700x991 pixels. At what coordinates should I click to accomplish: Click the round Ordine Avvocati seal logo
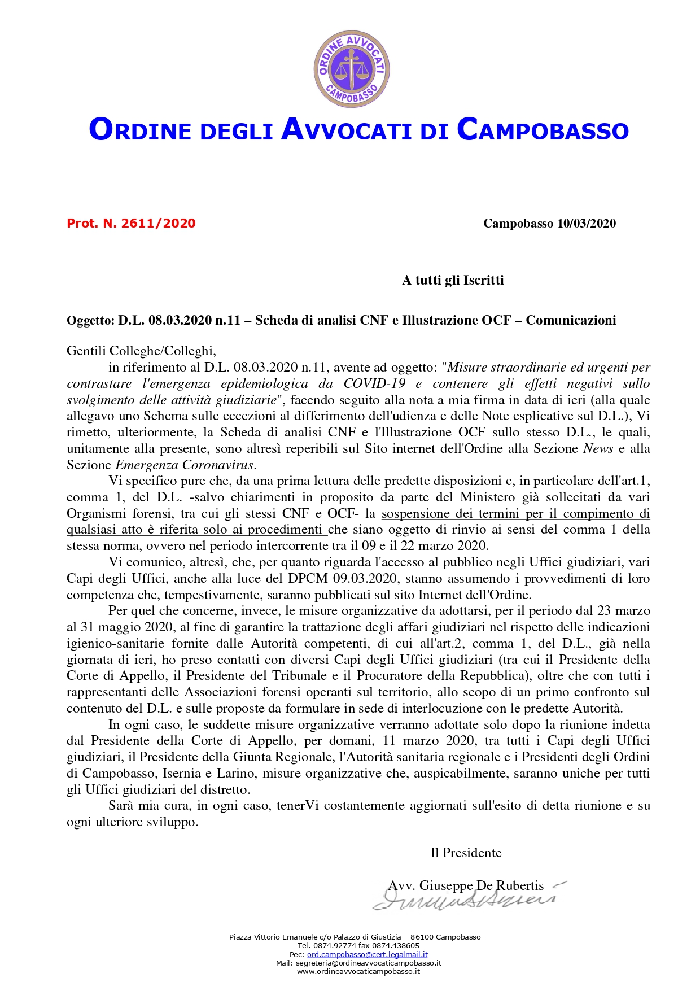click(351, 69)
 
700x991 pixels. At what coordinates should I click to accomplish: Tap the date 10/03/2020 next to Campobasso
click(586, 224)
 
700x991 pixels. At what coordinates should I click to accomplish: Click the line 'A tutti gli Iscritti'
click(453, 280)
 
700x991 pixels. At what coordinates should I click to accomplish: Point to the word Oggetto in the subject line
click(90, 321)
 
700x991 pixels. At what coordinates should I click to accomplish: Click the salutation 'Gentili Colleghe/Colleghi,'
click(141, 351)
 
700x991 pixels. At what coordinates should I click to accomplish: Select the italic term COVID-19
click(374, 384)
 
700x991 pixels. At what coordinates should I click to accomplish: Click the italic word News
click(598, 449)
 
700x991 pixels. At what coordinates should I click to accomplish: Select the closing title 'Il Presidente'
click(466, 853)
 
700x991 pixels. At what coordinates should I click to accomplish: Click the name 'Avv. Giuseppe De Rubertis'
click(466, 885)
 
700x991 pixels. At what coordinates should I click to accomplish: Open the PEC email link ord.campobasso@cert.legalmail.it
click(367, 954)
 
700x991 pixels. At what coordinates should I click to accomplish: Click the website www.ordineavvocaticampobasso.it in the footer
click(358, 971)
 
